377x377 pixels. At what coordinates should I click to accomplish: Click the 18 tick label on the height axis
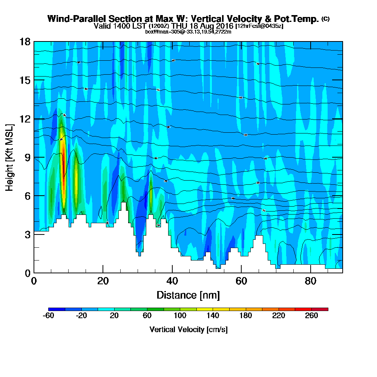[25, 41]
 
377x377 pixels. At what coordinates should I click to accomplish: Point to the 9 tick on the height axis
[34, 157]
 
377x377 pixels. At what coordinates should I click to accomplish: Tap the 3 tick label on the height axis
[27, 234]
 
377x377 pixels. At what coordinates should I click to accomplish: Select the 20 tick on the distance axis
[103, 273]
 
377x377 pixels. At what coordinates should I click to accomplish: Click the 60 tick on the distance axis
[241, 273]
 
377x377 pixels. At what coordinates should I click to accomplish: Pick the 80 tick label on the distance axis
[310, 281]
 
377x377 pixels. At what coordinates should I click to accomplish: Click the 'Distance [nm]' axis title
[188, 295]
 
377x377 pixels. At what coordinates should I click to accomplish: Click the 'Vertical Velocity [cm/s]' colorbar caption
[188, 329]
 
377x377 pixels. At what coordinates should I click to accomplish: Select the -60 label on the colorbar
[49, 316]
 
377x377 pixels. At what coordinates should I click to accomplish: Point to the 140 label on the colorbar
[213, 316]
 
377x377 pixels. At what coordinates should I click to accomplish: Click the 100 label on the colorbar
[180, 316]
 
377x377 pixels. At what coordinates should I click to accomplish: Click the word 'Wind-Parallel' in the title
[74, 19]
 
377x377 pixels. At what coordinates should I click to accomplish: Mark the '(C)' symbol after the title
[325, 19]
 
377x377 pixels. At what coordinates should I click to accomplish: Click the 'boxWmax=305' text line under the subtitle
[161, 31]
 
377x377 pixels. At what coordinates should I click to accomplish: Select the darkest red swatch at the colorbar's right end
[324, 309]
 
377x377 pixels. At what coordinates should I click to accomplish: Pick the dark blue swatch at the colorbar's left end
[57, 309]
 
